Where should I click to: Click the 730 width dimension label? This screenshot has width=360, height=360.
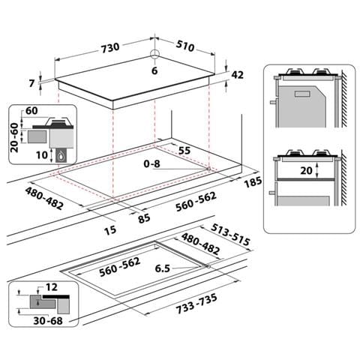coord(110,48)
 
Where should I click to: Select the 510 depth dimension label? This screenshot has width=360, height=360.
coord(185,46)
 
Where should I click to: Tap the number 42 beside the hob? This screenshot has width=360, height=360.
coord(237,75)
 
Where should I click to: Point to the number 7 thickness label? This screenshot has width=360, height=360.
coord(31,83)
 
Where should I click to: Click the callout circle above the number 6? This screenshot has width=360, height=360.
coord(154,53)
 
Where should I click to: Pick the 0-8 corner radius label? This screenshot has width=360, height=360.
coord(151,163)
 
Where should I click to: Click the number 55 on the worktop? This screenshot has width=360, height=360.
coord(184,150)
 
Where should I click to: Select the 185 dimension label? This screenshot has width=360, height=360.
coord(253,182)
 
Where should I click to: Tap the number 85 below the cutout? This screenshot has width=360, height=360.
coord(144,219)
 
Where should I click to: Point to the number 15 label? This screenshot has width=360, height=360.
coord(110,230)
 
